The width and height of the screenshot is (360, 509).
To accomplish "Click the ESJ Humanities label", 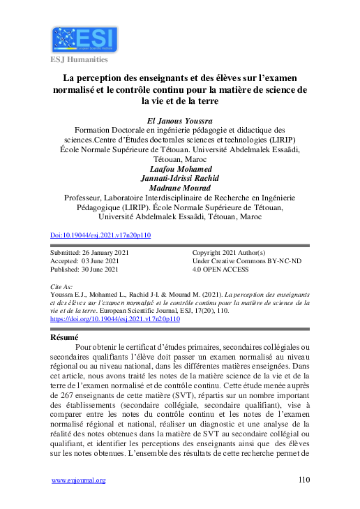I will [78, 59].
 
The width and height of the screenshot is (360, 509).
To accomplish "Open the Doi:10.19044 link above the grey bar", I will [101, 236].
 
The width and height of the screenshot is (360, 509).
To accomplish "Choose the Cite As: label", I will [63, 286].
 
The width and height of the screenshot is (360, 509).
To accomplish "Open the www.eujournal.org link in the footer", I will [79, 480].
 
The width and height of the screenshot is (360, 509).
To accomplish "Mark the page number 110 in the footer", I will [303, 480].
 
